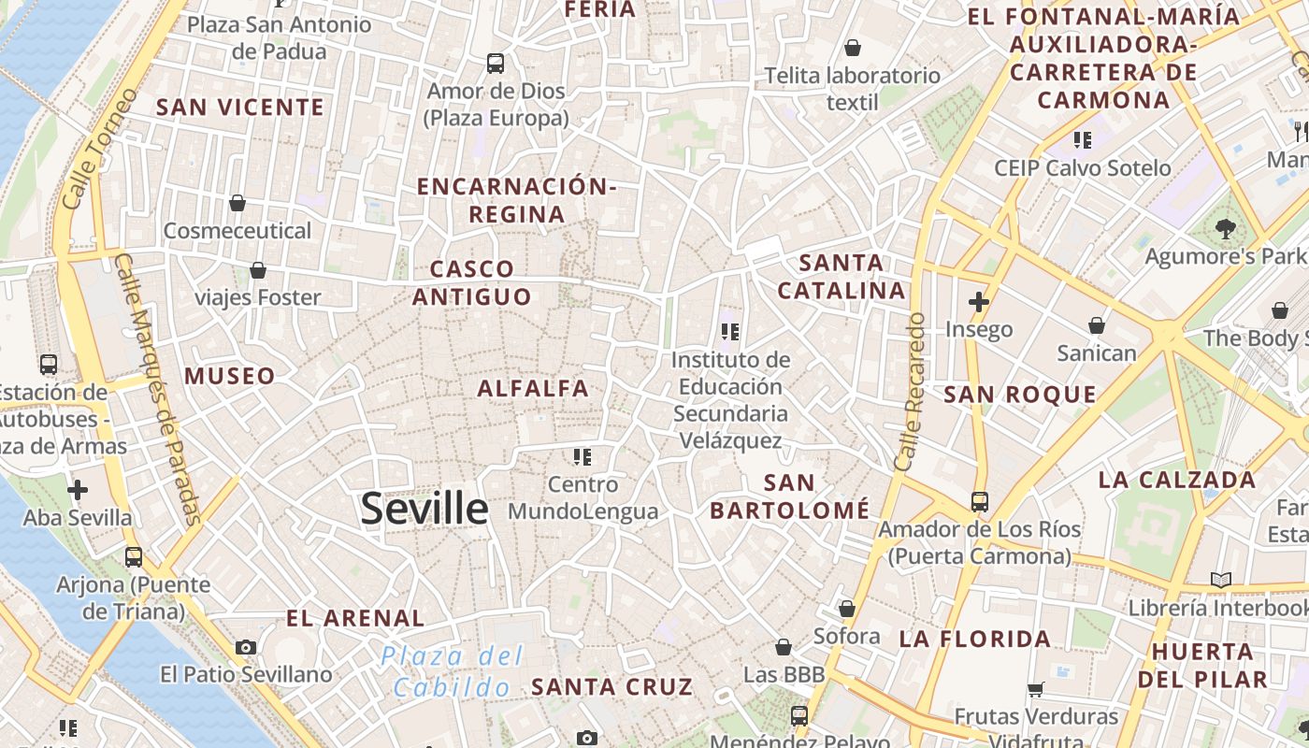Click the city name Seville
point(424,509)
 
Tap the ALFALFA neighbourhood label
point(533,388)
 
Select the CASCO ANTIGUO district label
point(472,283)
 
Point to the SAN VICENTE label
point(240,108)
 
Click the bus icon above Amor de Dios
point(496,64)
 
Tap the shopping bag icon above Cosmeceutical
point(237,203)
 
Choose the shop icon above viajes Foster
point(258,270)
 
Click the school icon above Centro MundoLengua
point(583,457)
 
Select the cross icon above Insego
point(979,302)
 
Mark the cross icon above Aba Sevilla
point(78,490)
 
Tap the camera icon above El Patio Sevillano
point(246,647)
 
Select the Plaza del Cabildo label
point(453,671)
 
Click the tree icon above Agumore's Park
point(1225,228)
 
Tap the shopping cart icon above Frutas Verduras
point(1035,690)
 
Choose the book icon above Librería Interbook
point(1220,580)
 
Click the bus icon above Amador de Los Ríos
point(979,502)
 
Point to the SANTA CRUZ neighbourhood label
point(612,686)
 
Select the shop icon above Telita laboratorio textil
point(853,48)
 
